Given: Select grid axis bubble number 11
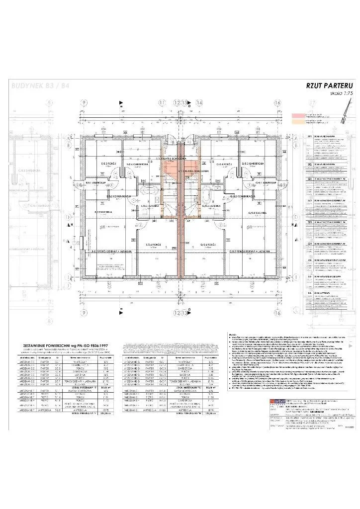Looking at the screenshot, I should (x=161, y=103).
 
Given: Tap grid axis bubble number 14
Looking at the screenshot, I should (x=199, y=103).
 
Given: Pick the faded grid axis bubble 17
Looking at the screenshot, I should (x=312, y=103).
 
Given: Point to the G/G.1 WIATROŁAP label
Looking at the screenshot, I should (x=258, y=182).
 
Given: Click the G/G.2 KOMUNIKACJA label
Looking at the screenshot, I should (x=243, y=196).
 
